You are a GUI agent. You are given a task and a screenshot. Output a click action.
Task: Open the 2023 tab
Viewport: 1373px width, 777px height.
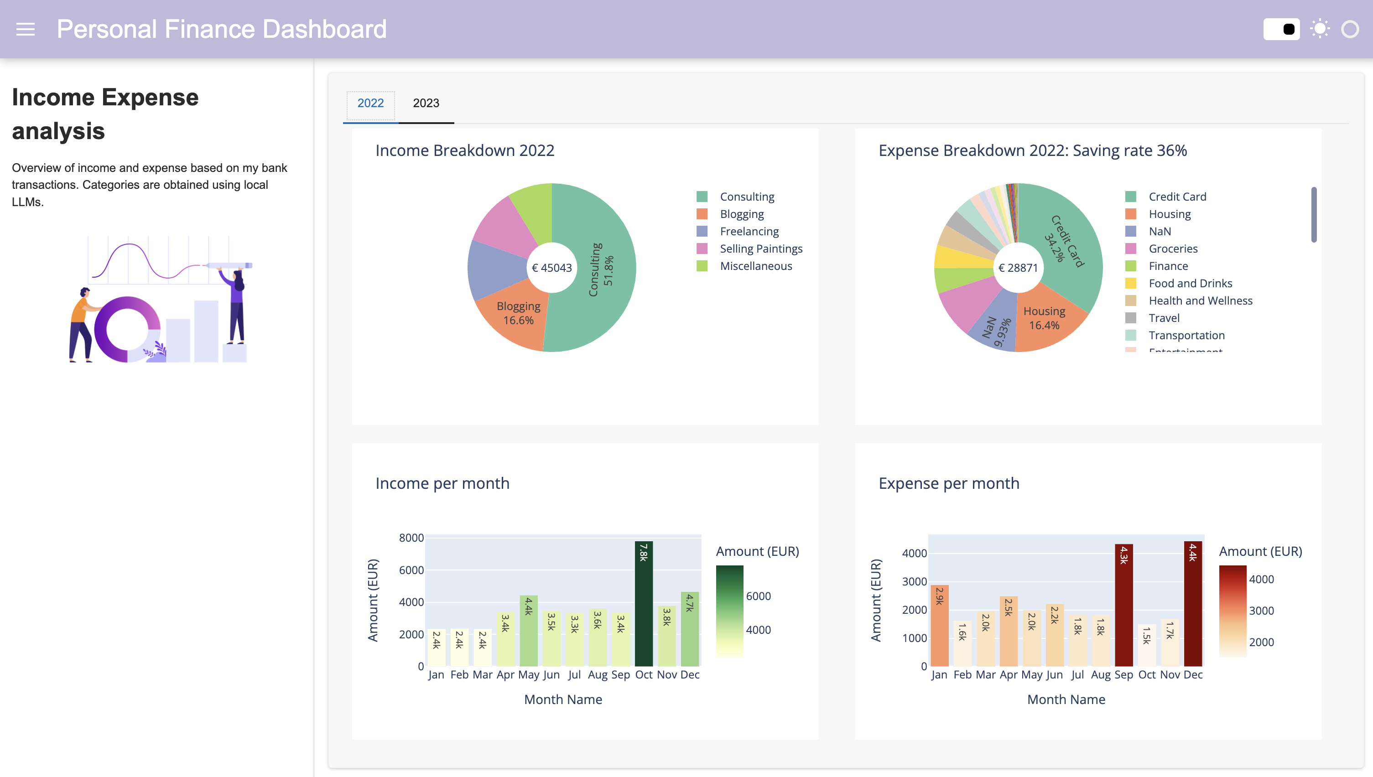pyautogui.click(x=426, y=103)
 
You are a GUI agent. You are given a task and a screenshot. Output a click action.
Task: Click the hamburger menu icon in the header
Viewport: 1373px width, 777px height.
pyautogui.click(x=25, y=29)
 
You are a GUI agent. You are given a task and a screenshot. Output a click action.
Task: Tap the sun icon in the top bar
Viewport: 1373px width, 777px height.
pyautogui.click(x=1320, y=29)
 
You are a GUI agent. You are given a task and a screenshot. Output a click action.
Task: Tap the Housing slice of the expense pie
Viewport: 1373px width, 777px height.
pyautogui.click(x=1046, y=320)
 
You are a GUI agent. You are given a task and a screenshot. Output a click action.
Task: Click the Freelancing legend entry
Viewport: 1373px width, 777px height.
pyautogui.click(x=749, y=231)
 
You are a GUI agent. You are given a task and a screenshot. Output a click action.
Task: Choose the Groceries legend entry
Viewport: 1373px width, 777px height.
pyautogui.click(x=1172, y=249)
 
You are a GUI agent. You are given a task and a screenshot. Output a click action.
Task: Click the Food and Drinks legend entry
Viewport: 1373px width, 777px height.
pyautogui.click(x=1190, y=283)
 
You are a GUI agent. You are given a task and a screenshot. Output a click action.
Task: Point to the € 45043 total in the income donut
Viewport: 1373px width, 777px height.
pyautogui.click(x=551, y=268)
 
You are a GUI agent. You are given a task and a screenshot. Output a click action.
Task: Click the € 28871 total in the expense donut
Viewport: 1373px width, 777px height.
pyautogui.click(x=1018, y=268)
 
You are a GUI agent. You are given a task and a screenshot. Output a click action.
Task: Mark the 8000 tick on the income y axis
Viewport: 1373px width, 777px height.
pyautogui.click(x=411, y=538)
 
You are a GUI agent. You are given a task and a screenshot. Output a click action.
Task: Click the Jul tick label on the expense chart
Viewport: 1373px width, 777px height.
pyautogui.click(x=1077, y=674)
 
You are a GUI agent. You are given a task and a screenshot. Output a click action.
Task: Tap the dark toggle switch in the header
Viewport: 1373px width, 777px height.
pyautogui.click(x=1281, y=29)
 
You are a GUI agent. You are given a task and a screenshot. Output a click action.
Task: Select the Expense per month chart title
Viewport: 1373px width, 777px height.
pyautogui.click(x=949, y=483)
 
